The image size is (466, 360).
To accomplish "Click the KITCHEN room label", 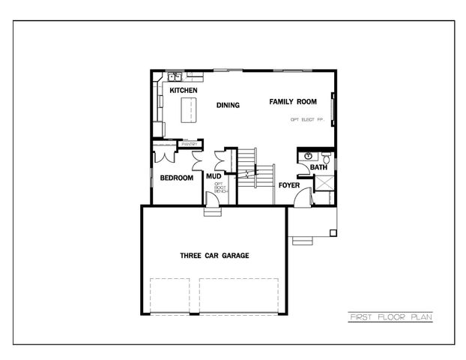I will (184, 90).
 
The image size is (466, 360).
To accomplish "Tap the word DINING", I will (228, 105).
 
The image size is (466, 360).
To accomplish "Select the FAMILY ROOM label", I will (293, 101).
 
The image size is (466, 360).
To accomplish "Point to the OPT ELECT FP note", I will (306, 119).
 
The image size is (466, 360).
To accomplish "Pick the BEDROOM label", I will (176, 178).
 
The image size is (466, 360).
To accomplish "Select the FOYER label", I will (289, 184).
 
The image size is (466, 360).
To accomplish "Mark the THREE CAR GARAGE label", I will (214, 256).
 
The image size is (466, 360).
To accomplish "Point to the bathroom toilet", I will (327, 159).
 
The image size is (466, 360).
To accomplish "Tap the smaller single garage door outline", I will (172, 294).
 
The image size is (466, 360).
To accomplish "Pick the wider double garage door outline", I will (239, 294).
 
